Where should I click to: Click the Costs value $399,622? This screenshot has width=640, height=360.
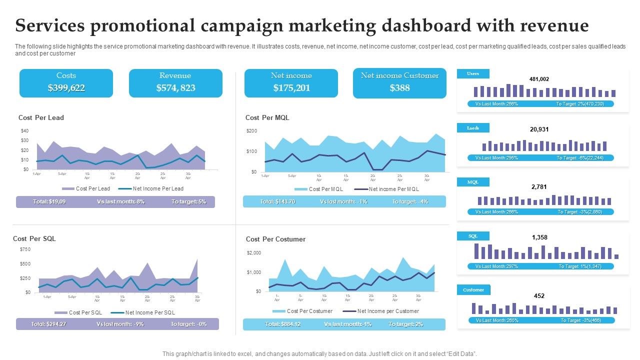(x=66, y=88)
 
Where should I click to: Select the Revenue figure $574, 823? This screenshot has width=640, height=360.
(x=175, y=88)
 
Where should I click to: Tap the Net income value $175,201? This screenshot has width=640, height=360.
(x=291, y=88)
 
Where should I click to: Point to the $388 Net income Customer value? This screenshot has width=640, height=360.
(x=399, y=88)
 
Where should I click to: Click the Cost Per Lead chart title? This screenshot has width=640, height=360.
(x=41, y=118)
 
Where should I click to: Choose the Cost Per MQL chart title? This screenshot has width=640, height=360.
(x=267, y=118)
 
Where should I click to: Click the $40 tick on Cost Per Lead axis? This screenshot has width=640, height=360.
(x=24, y=131)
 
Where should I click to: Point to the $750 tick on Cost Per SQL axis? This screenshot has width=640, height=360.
(x=25, y=249)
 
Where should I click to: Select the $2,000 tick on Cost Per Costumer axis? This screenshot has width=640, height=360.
(x=253, y=253)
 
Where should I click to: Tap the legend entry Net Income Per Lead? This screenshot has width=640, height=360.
(x=158, y=189)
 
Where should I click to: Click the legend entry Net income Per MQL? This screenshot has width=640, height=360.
(x=393, y=189)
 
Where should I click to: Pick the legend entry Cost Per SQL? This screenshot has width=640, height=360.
(x=85, y=312)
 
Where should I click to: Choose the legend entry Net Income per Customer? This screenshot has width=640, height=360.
(x=388, y=311)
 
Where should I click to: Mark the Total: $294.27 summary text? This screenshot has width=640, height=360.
(x=48, y=324)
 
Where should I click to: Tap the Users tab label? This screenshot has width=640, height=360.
(x=472, y=74)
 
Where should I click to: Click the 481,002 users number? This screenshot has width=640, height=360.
(x=539, y=79)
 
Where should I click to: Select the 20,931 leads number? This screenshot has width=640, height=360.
(x=539, y=129)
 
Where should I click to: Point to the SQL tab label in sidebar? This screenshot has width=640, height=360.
(x=472, y=236)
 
